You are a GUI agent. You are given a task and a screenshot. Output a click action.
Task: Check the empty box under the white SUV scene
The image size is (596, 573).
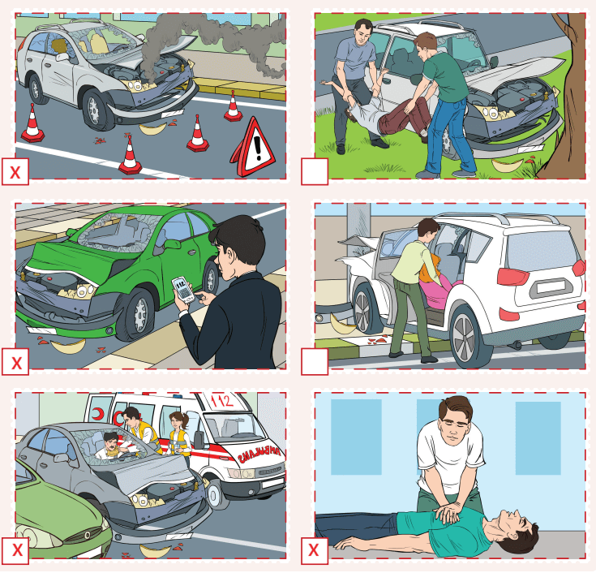(314, 362)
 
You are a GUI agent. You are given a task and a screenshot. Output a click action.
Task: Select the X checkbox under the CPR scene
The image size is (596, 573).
(314, 552)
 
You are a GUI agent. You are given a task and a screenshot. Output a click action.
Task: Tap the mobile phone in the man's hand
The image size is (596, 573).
(183, 289)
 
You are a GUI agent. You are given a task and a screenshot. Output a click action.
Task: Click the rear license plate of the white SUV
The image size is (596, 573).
(549, 286)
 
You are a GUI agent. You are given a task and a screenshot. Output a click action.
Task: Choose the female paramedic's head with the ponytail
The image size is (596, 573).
(178, 421)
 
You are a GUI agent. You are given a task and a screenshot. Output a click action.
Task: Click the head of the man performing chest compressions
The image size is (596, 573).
(453, 418)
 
